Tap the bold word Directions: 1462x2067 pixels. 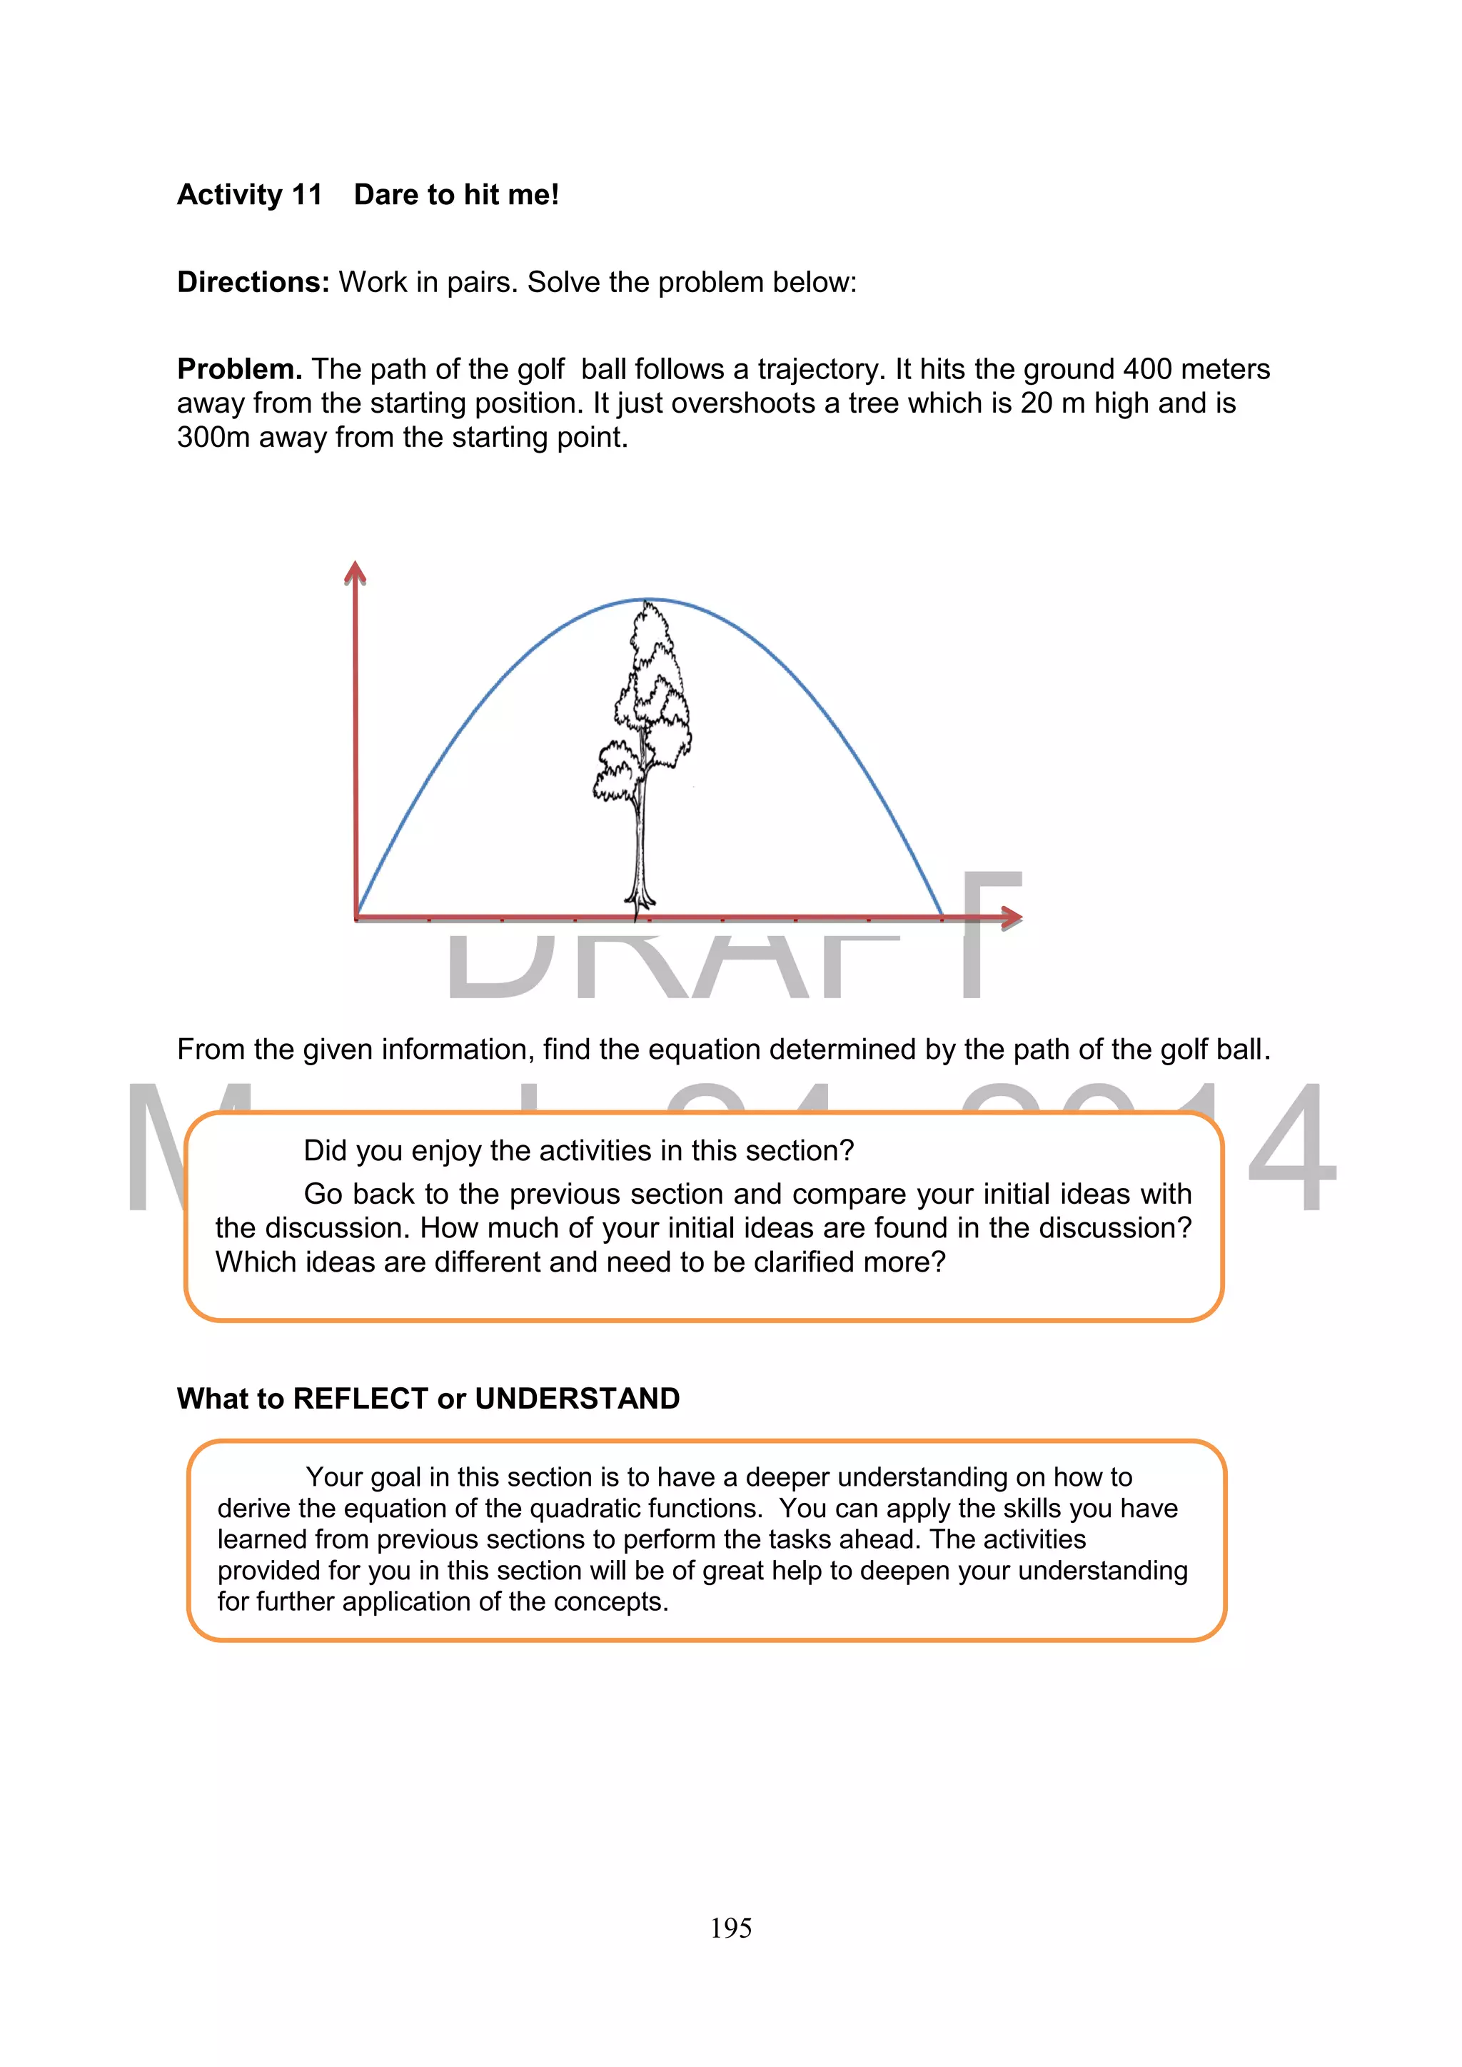pyautogui.click(x=253, y=283)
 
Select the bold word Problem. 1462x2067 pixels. pyautogui.click(x=238, y=369)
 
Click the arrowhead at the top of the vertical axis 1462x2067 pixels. pyautogui.click(x=356, y=573)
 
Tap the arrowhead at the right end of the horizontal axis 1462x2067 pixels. pyautogui.click(x=1011, y=917)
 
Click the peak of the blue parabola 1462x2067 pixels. pyautogui.click(x=647, y=600)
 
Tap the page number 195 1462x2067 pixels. pyautogui.click(x=730, y=1928)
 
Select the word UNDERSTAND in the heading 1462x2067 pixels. pyautogui.click(x=577, y=1399)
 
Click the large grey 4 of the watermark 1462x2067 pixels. pyautogui.click(x=1292, y=1148)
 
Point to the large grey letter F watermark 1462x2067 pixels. pyautogui.click(x=990, y=936)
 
